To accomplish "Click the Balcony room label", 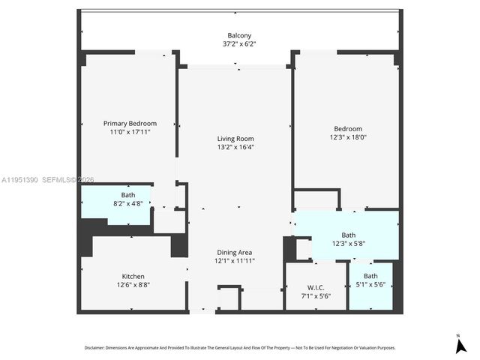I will point(239,35).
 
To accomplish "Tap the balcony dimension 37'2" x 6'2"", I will point(239,44).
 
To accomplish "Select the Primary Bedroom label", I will point(130,123).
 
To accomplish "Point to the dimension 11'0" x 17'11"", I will point(130,132).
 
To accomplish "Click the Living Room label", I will point(235,139).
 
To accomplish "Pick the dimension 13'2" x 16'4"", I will point(235,148).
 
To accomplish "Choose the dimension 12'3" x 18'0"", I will point(347,137).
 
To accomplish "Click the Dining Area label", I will point(235,252).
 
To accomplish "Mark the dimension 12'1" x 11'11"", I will point(235,261).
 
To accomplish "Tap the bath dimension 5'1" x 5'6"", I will point(371,285).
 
